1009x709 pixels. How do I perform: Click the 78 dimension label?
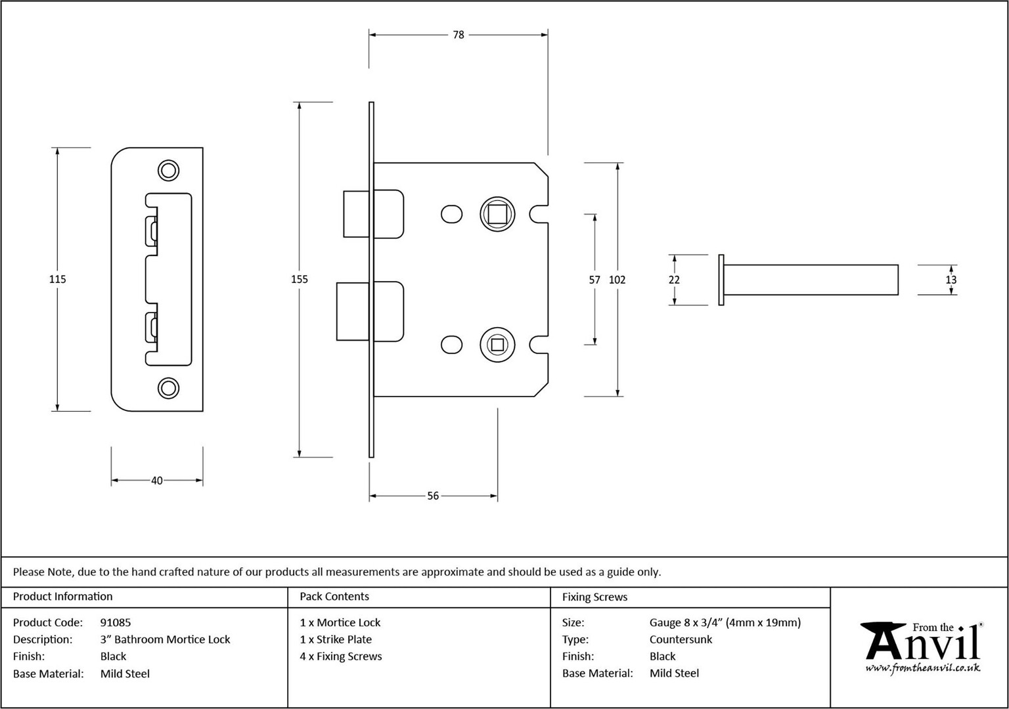[458, 35]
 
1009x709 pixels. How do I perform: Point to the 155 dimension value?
[299, 279]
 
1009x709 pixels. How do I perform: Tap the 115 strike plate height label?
[57, 279]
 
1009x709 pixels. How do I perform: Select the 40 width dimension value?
[157, 481]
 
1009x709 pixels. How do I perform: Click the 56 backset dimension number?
[433, 496]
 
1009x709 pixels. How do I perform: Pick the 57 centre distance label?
[594, 280]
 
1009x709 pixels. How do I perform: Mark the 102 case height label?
[617, 280]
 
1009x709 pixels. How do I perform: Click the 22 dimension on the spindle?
[674, 280]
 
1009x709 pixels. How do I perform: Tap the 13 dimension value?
[951, 280]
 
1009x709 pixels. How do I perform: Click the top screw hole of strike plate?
[168, 170]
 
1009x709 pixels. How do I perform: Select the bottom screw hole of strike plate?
[168, 388]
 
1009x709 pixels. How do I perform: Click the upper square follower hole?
[497, 214]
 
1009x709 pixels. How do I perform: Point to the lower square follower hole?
[497, 345]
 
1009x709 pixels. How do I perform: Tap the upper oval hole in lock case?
[451, 214]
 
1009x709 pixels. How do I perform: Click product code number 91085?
[116, 622]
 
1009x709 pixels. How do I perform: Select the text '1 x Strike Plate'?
[336, 639]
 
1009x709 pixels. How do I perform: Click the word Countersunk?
[681, 639]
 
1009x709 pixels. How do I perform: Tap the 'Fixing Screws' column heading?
[594, 597]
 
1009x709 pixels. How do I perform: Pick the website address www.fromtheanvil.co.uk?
[922, 668]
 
